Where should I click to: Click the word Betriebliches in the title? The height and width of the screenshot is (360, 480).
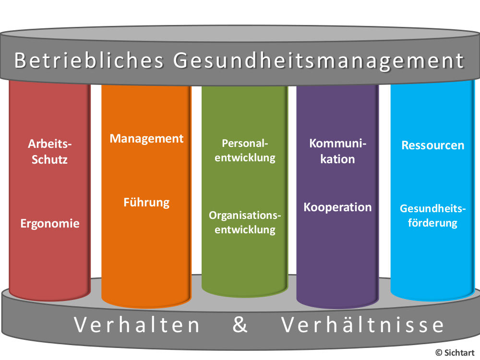point(89,60)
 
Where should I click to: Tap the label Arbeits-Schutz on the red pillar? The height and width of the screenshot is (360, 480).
point(49,152)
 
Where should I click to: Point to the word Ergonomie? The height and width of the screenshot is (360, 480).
point(50,224)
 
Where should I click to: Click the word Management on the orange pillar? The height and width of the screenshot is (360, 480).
point(146,139)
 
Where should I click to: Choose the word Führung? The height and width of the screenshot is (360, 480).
point(146,203)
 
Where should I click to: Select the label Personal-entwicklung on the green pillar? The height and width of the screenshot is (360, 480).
point(245,150)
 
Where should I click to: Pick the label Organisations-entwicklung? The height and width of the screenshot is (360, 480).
point(245,223)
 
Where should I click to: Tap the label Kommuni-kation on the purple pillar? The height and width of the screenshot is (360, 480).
point(337,151)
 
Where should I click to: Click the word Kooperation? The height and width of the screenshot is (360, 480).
point(337,207)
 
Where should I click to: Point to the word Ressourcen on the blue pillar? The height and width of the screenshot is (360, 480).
point(433,145)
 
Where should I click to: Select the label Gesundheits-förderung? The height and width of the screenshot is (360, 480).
point(433,216)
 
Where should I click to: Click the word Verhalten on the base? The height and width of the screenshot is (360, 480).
point(137,325)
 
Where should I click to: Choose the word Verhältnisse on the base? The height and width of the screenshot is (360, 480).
point(362,325)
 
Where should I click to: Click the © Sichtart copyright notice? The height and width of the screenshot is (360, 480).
point(455,353)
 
